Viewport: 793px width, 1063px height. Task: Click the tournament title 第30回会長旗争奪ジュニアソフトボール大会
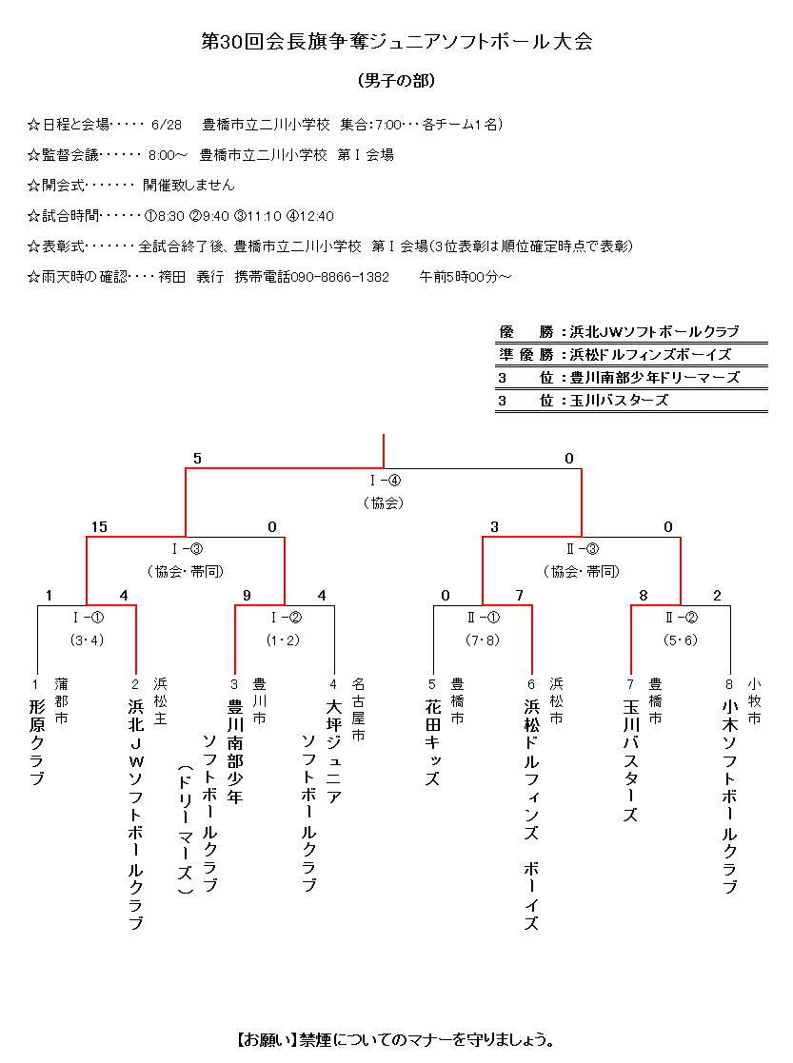pos(396,43)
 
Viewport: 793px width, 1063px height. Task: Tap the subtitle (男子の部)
pos(396,81)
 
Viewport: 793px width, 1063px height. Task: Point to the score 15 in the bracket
pos(99,527)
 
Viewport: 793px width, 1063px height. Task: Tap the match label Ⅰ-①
pos(87,618)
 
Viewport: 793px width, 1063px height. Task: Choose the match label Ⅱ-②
pos(681,618)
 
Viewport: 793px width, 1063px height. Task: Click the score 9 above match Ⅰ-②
pos(247,597)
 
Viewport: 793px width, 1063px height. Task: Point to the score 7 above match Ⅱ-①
pos(519,597)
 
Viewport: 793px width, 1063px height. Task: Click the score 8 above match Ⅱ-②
pos(644,597)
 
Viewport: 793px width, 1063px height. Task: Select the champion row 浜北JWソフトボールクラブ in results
pos(654,332)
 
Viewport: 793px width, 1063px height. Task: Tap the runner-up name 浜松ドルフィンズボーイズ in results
pos(651,355)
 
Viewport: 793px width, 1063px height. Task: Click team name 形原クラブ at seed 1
pos(37,742)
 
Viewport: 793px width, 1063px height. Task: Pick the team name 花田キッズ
pos(433,742)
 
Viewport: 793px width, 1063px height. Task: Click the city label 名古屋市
pos(358,709)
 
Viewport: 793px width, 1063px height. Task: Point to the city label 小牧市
pos(754,700)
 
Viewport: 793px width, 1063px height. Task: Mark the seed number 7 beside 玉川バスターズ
pos(630,684)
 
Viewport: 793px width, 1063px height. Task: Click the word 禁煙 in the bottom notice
pos(315,1038)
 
